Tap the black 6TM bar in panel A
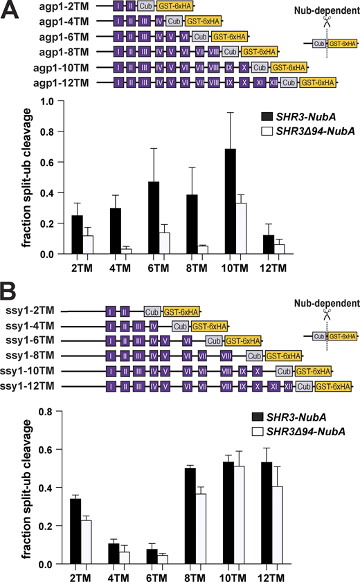coord(133,218)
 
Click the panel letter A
coord(11,12)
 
